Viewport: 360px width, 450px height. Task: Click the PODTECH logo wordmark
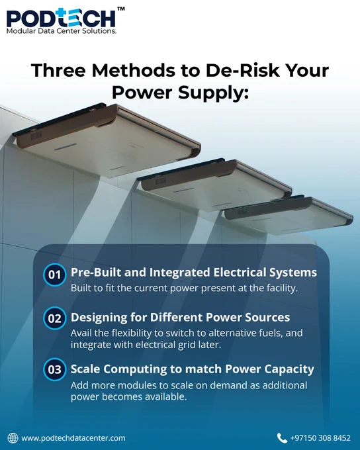click(x=61, y=18)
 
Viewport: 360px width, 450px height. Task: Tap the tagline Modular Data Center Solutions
click(x=62, y=31)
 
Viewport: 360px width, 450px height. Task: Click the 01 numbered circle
click(x=54, y=275)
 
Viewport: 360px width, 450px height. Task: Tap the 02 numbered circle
click(x=54, y=318)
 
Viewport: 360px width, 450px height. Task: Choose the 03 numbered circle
click(x=54, y=369)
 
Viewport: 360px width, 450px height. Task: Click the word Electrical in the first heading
click(x=240, y=273)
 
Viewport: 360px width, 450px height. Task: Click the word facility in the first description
click(x=282, y=288)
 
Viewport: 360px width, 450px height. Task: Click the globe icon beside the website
click(x=13, y=438)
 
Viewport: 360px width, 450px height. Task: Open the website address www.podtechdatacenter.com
click(x=73, y=439)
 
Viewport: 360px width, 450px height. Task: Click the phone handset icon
click(x=282, y=438)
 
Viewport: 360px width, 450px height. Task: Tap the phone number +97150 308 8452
click(x=321, y=438)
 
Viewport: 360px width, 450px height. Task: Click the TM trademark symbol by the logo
click(x=121, y=9)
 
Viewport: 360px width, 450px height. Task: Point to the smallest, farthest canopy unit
click(x=289, y=215)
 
